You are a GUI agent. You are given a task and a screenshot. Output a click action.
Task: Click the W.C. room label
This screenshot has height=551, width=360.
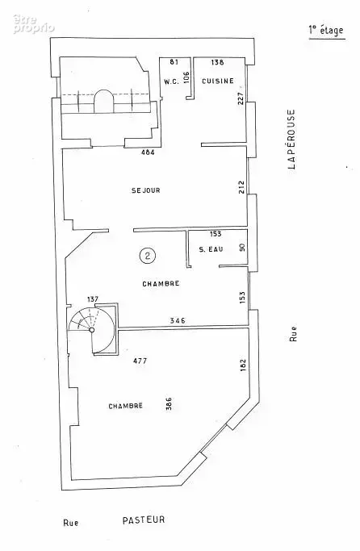(171, 81)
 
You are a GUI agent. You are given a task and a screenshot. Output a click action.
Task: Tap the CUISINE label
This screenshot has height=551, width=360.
(218, 81)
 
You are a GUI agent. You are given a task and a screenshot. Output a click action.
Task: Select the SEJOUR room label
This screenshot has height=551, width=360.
(146, 190)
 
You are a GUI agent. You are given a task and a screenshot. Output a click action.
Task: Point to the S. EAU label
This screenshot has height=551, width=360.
(211, 249)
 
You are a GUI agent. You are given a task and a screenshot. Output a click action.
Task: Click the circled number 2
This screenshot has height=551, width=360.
(147, 256)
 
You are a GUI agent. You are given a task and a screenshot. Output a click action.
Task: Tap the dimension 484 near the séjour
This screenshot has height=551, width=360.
(148, 152)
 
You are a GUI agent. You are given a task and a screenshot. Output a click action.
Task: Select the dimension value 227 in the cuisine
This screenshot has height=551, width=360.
(241, 98)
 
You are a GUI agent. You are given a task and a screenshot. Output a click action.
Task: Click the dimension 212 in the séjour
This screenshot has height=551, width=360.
(241, 187)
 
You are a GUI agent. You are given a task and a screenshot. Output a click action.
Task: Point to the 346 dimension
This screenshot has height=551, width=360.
(178, 320)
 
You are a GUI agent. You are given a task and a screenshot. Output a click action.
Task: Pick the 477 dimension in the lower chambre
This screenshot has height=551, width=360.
(140, 361)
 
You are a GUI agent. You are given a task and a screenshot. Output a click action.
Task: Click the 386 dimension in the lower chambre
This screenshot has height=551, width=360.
(169, 404)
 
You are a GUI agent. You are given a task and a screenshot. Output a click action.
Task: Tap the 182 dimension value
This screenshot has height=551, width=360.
(243, 365)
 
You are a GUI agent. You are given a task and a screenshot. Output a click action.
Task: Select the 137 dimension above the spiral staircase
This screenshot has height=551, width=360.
(93, 299)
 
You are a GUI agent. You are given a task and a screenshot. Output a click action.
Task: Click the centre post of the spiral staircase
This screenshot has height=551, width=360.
(92, 330)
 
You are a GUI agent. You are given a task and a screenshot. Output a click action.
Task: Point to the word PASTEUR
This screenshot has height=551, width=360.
(144, 520)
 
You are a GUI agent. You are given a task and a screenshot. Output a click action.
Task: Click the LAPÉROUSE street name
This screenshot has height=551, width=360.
(292, 139)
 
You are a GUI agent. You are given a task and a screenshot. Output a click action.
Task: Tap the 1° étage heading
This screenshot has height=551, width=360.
(326, 31)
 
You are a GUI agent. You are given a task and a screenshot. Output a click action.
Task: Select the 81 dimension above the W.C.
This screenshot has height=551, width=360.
(174, 62)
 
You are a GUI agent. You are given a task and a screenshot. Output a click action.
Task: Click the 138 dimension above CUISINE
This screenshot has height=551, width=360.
(217, 62)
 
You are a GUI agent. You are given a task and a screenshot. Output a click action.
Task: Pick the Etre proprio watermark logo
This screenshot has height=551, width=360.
(34, 24)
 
